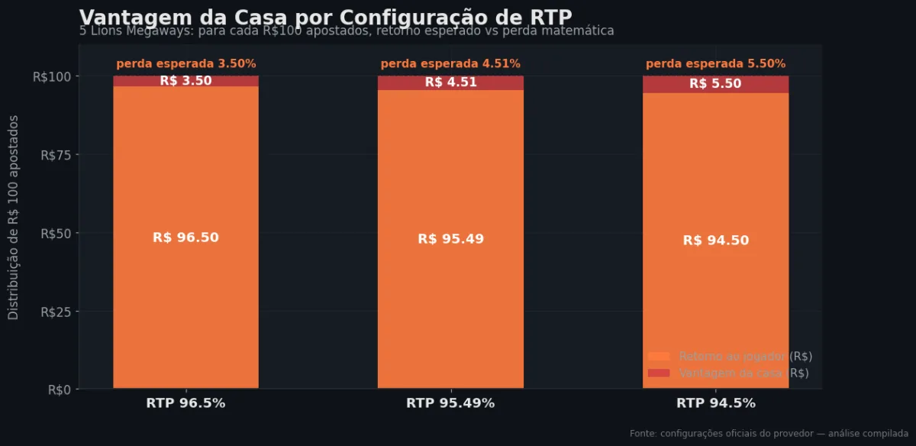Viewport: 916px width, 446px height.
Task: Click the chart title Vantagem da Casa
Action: [325, 17]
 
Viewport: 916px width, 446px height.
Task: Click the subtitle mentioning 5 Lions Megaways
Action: [347, 31]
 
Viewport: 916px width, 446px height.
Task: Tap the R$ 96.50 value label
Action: [185, 238]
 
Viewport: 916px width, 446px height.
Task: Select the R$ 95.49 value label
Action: [450, 239]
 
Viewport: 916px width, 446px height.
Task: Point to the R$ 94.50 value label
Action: [715, 241]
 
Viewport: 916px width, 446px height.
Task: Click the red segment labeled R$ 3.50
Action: [185, 81]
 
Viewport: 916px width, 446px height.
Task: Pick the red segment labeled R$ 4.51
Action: [450, 82]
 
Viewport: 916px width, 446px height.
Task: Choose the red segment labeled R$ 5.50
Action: [715, 84]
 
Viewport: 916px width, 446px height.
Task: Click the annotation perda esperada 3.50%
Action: [185, 64]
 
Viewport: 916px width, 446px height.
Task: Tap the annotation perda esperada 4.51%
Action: [450, 64]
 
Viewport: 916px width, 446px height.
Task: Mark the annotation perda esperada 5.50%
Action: [715, 64]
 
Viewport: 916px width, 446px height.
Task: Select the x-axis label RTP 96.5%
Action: [185, 403]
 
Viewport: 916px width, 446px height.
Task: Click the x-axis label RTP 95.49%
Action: [450, 403]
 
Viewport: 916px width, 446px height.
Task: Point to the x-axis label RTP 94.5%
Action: [715, 403]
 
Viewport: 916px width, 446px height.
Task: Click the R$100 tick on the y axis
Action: [52, 76]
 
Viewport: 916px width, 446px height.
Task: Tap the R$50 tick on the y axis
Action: [55, 233]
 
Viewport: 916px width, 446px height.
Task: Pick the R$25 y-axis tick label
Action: [55, 312]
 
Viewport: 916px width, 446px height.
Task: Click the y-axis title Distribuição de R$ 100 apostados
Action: [14, 218]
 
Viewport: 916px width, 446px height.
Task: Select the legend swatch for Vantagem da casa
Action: [658, 373]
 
